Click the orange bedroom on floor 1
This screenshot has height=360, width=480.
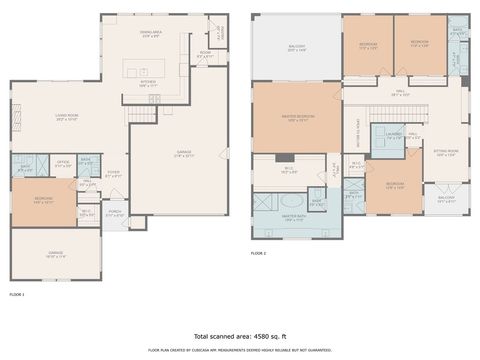coord(43,201)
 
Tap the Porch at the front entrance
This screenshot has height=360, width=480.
coord(115,213)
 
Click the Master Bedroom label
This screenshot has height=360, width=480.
coord(298,118)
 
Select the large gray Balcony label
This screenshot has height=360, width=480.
coord(297,48)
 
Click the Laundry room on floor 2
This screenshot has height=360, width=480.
coord(393,136)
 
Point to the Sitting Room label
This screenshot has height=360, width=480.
coord(445,153)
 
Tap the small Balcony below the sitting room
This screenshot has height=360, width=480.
coord(446,200)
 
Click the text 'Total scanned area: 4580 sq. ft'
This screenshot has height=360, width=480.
coord(240,336)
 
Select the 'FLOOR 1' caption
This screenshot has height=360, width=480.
coord(17,295)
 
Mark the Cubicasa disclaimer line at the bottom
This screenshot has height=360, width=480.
coord(240,350)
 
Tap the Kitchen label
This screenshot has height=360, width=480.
coord(148,85)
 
